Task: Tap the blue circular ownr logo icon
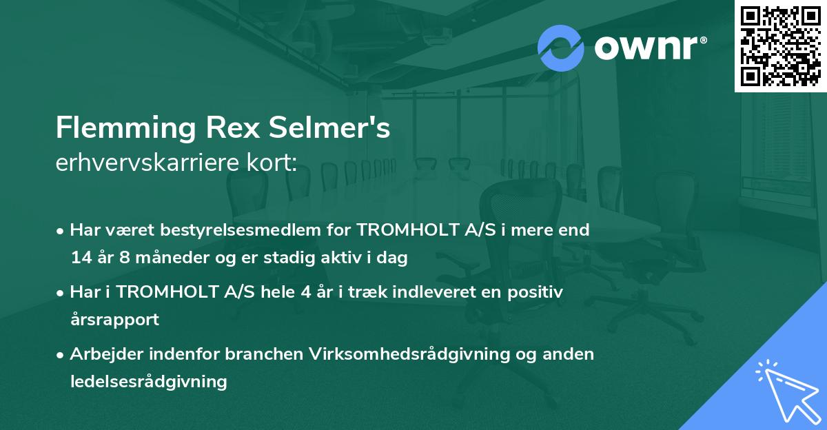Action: [x=561, y=48]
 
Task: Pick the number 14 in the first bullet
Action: [x=81, y=258]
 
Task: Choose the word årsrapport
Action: [x=114, y=320]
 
